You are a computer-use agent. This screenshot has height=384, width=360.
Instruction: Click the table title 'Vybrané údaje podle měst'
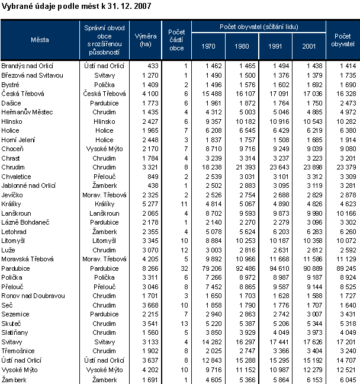[x=77, y=7]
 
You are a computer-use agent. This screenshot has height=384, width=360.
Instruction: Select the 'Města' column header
[x=40, y=39]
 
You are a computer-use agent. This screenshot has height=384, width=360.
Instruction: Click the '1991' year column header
[x=275, y=46]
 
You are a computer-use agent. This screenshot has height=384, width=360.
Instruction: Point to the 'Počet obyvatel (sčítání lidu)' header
[x=259, y=27]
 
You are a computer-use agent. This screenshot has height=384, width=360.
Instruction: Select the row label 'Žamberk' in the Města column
[x=14, y=379]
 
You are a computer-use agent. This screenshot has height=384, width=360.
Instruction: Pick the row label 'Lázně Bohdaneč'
[x=23, y=222]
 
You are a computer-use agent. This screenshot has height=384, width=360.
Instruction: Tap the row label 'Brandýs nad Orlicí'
[x=27, y=66]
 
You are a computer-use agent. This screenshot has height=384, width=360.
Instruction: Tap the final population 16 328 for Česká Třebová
[x=345, y=94]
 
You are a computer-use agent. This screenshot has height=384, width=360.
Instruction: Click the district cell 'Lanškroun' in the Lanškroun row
[x=104, y=213]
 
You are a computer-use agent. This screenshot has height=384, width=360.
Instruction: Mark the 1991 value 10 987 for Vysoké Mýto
[x=278, y=370]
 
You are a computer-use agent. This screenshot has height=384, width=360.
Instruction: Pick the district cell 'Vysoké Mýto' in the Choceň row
[x=104, y=148]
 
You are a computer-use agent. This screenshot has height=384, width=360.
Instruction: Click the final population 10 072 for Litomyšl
[x=345, y=241]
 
